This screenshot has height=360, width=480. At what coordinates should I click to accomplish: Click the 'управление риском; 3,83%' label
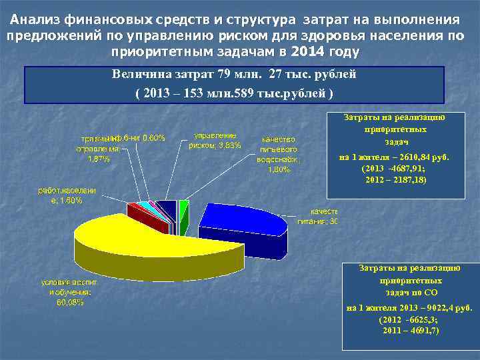215,140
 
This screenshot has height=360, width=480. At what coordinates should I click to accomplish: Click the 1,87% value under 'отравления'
99,159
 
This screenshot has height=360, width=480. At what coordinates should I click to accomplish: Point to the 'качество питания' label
319,216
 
